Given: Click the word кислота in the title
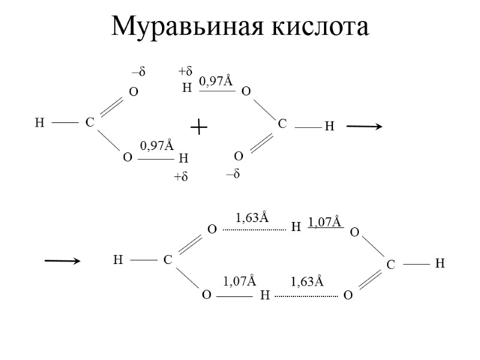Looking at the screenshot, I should (319, 26).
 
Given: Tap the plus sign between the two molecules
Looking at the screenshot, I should (198, 127).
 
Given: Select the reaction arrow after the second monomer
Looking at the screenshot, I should (364, 127).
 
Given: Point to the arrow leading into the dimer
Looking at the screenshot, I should (62, 260).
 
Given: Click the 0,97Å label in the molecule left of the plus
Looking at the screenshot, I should (157, 145).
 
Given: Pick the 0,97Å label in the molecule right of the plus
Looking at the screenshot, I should (215, 80).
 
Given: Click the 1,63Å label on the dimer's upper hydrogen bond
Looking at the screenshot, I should (252, 218).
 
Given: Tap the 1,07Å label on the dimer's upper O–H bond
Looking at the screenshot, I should (325, 223).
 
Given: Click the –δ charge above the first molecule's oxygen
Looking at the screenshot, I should (139, 73).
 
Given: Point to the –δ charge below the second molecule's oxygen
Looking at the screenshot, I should (233, 174).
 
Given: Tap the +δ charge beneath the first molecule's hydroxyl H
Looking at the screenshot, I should (181, 177).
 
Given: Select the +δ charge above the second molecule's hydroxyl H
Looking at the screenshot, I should (185, 71).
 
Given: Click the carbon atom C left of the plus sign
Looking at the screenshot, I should (89, 123).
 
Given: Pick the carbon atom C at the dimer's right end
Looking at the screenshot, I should (390, 264).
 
